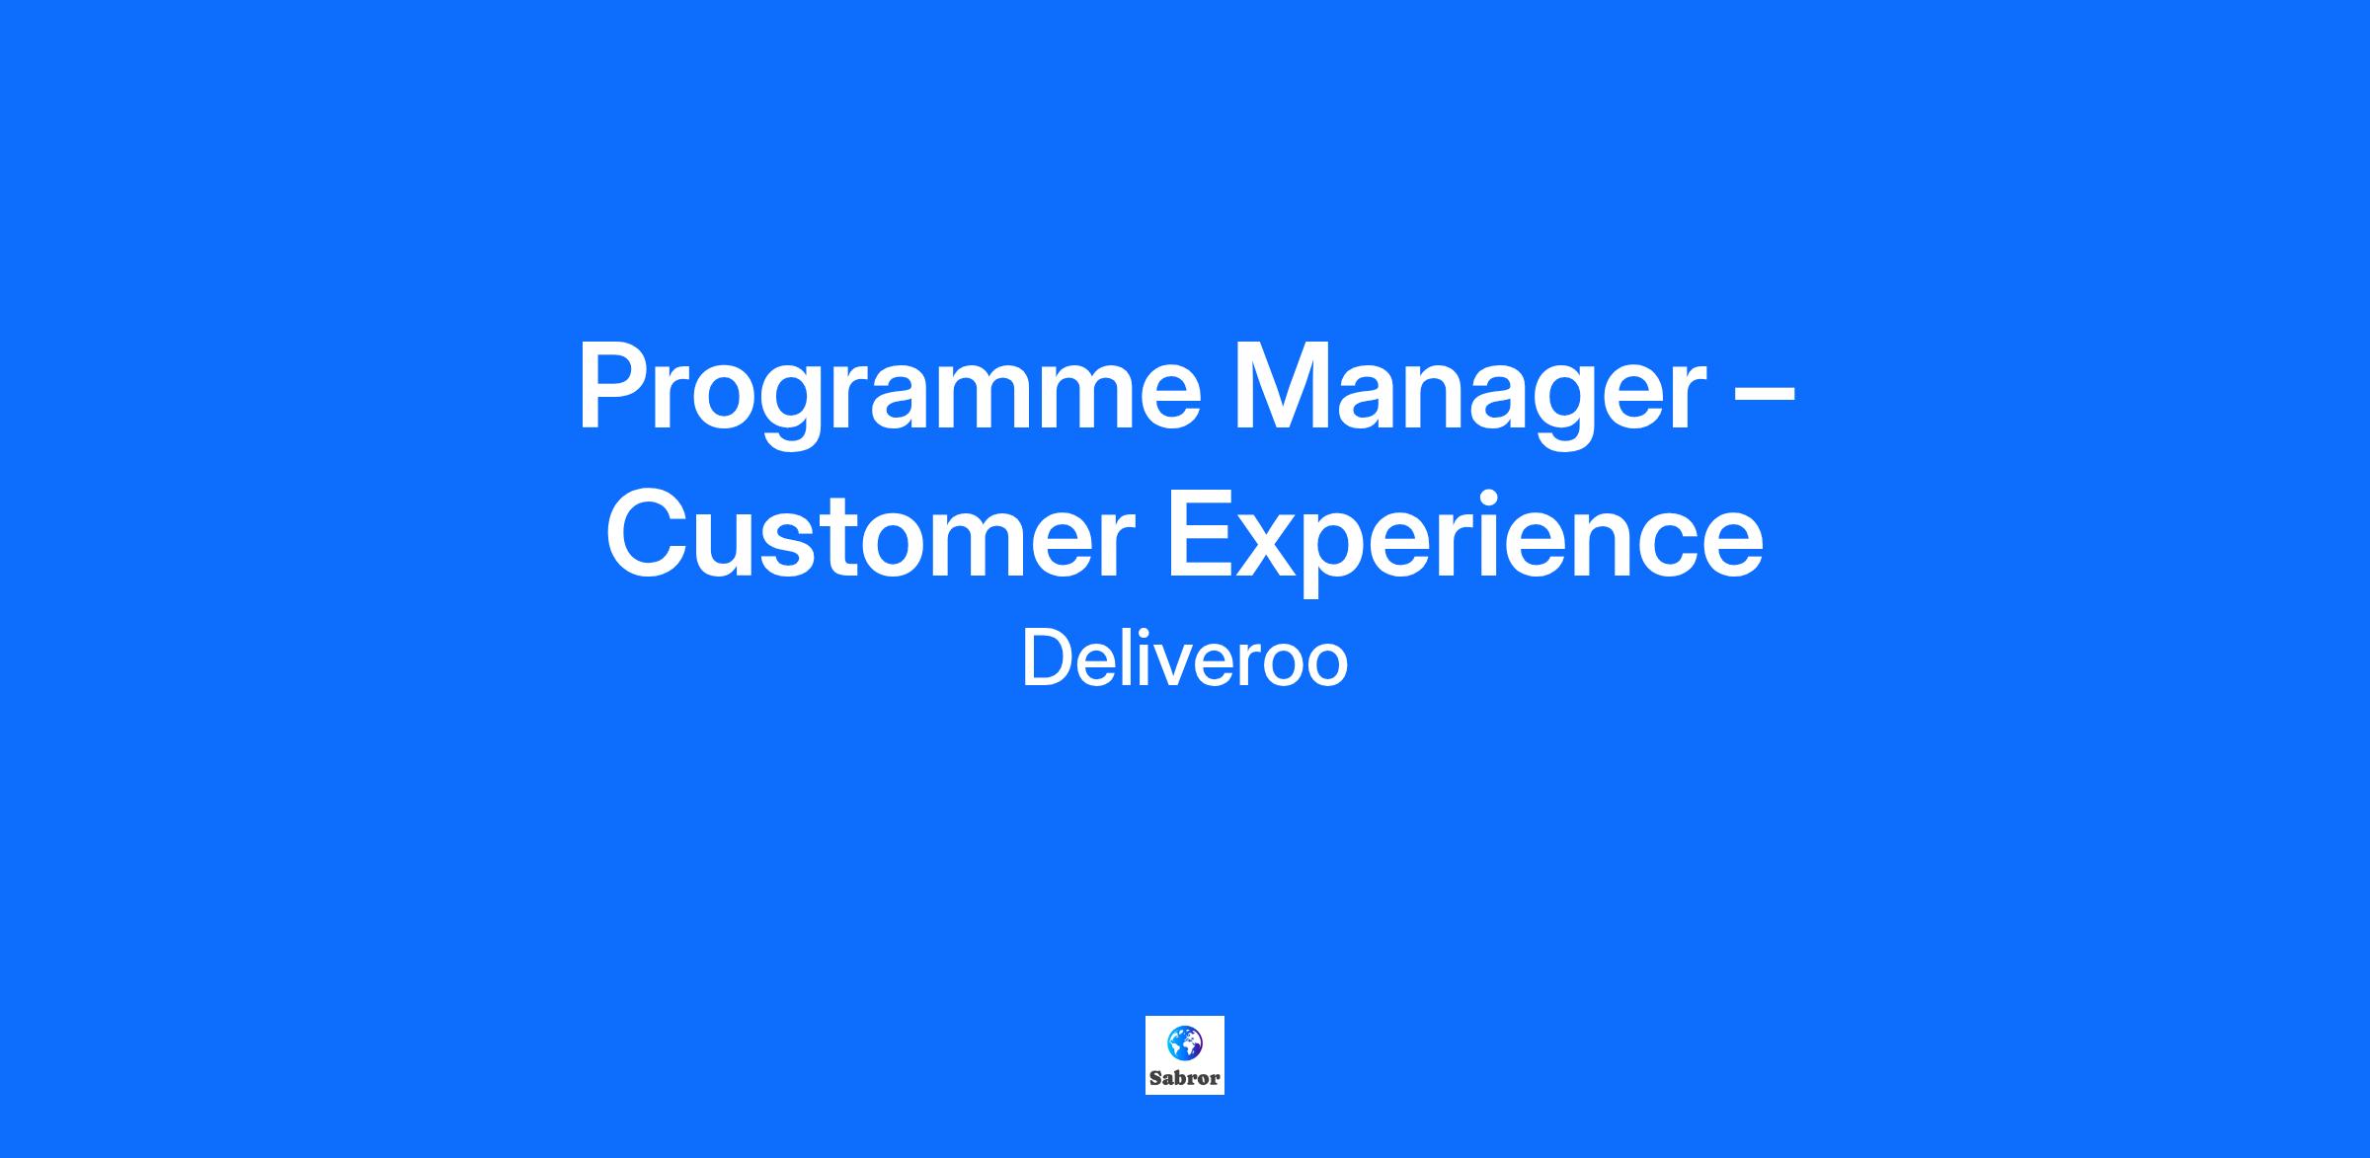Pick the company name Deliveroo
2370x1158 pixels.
coord(1185,659)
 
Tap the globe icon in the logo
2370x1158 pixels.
coord(1185,1042)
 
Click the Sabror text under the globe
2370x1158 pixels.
coord(1185,1078)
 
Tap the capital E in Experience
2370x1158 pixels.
coord(1203,534)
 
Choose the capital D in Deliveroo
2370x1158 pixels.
coord(1048,659)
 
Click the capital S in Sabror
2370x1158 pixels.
coord(1156,1078)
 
